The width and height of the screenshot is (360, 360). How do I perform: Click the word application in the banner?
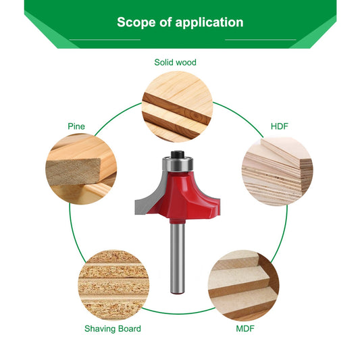209,22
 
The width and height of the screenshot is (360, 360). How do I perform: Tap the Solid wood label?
175,62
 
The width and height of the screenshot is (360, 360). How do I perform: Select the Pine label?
76,126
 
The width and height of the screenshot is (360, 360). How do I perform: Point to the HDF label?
279,126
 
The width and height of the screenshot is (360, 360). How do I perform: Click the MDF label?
245,328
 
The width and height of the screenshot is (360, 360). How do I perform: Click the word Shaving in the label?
98,329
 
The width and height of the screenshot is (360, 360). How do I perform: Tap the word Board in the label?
127,328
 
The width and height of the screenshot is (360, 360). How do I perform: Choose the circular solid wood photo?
177,107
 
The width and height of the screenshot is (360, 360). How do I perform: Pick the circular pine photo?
81,169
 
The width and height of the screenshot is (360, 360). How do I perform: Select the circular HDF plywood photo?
278,171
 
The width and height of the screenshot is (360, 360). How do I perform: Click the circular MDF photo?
244,286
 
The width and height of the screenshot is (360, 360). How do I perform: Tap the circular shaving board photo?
113,285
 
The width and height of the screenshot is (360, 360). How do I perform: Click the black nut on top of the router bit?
178,154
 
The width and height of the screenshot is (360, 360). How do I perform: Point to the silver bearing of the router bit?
178,163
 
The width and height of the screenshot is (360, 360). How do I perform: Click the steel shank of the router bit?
177,258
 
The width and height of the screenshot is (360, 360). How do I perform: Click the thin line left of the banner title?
105,40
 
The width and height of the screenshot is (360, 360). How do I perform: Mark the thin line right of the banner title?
261,40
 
